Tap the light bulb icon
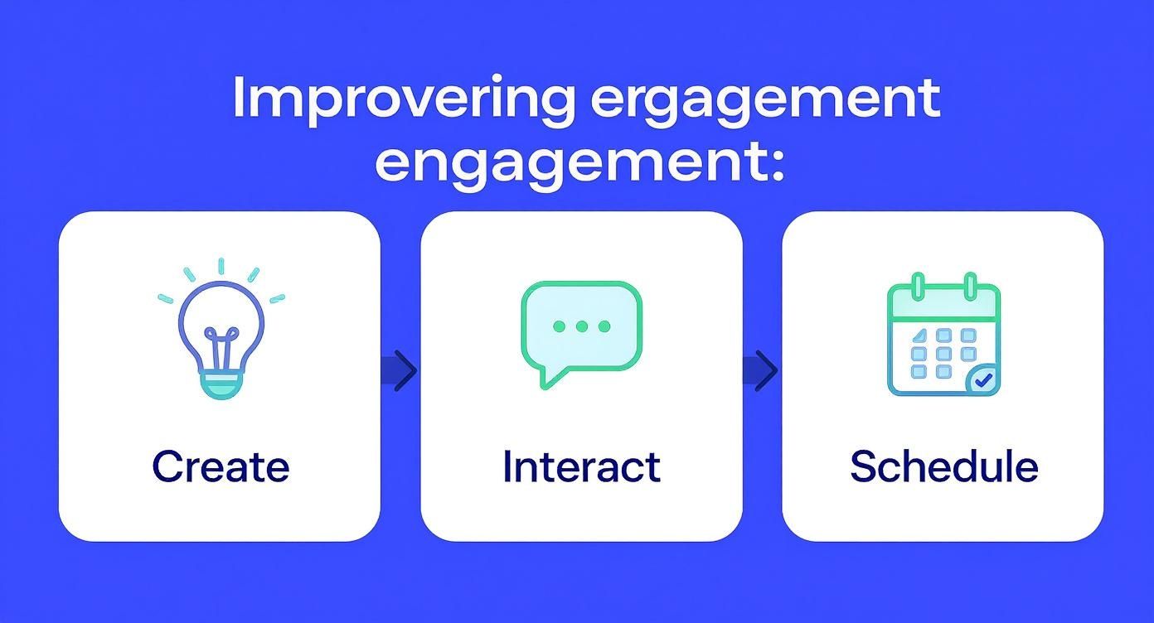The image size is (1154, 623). point(221,331)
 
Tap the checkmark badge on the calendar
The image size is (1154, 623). point(983,380)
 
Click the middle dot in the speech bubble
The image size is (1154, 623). point(581,326)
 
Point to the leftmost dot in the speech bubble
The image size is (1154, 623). point(559,326)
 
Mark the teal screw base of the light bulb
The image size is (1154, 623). point(221,384)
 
